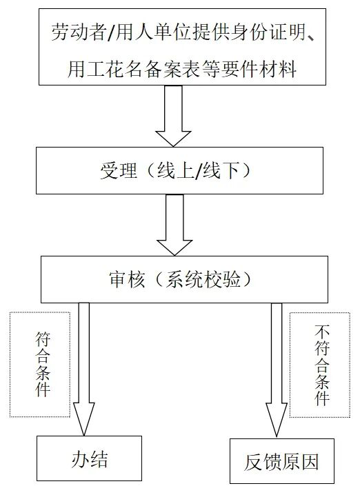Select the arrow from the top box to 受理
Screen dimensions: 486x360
tap(173, 119)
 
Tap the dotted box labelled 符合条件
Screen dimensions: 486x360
tap(41, 364)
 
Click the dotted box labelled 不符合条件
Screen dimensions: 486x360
tap(321, 364)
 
